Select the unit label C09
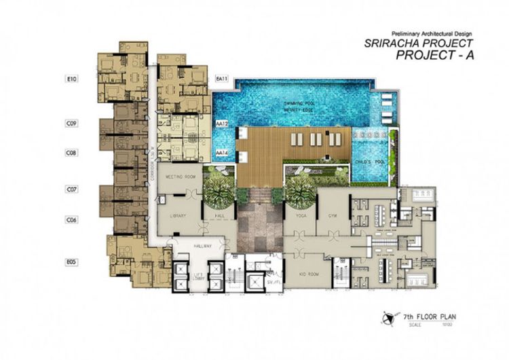coord(72,124)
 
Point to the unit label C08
coord(72,154)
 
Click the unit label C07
coord(72,189)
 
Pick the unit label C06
coord(72,219)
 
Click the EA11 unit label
coord(221,79)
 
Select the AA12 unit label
coord(221,125)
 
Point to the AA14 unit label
coord(221,154)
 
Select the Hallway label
coord(202,246)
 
